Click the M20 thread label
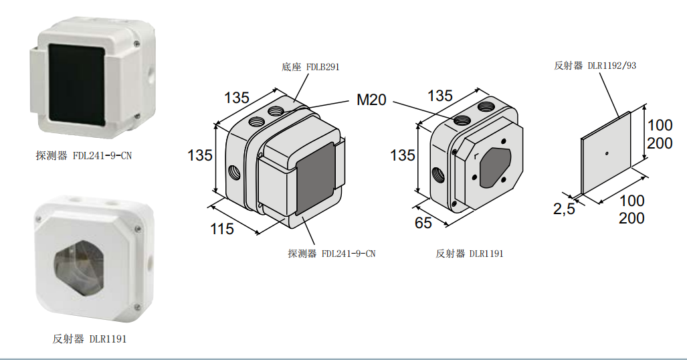371,100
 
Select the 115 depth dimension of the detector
221,228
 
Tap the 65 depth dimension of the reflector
423,222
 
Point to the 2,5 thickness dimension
564,208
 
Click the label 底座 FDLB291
310,67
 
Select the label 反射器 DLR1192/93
595,66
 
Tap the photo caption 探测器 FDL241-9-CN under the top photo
84,156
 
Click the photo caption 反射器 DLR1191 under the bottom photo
90,339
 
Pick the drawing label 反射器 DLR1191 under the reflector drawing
469,254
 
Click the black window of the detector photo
77,82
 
